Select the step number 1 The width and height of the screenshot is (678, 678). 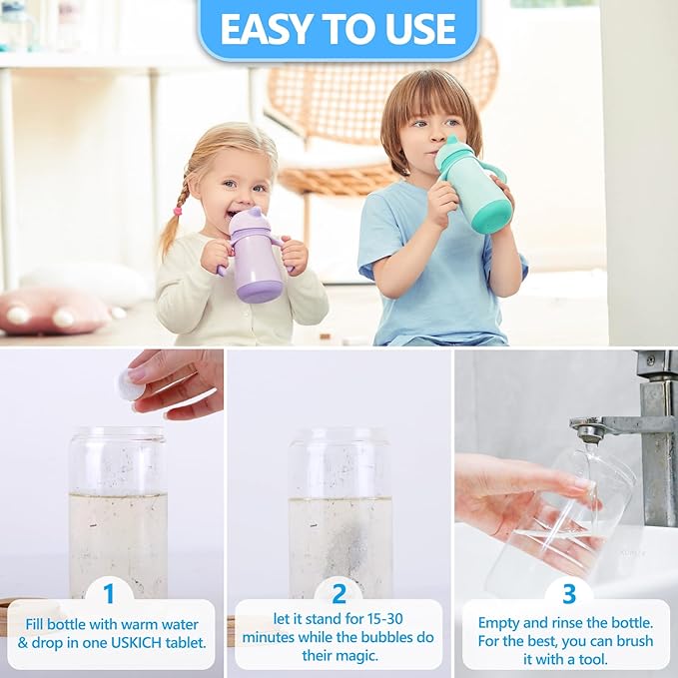pos(109,594)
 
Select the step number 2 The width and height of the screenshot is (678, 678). pos(339,594)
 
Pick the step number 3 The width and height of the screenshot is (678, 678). pos(568,594)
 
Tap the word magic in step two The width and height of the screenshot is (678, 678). pos(361,654)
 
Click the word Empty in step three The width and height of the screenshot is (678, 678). pos(501,622)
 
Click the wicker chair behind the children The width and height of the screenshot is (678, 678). pos(379,110)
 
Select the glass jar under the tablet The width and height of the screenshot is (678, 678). pos(118,509)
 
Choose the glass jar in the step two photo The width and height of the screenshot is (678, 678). pos(339,509)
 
